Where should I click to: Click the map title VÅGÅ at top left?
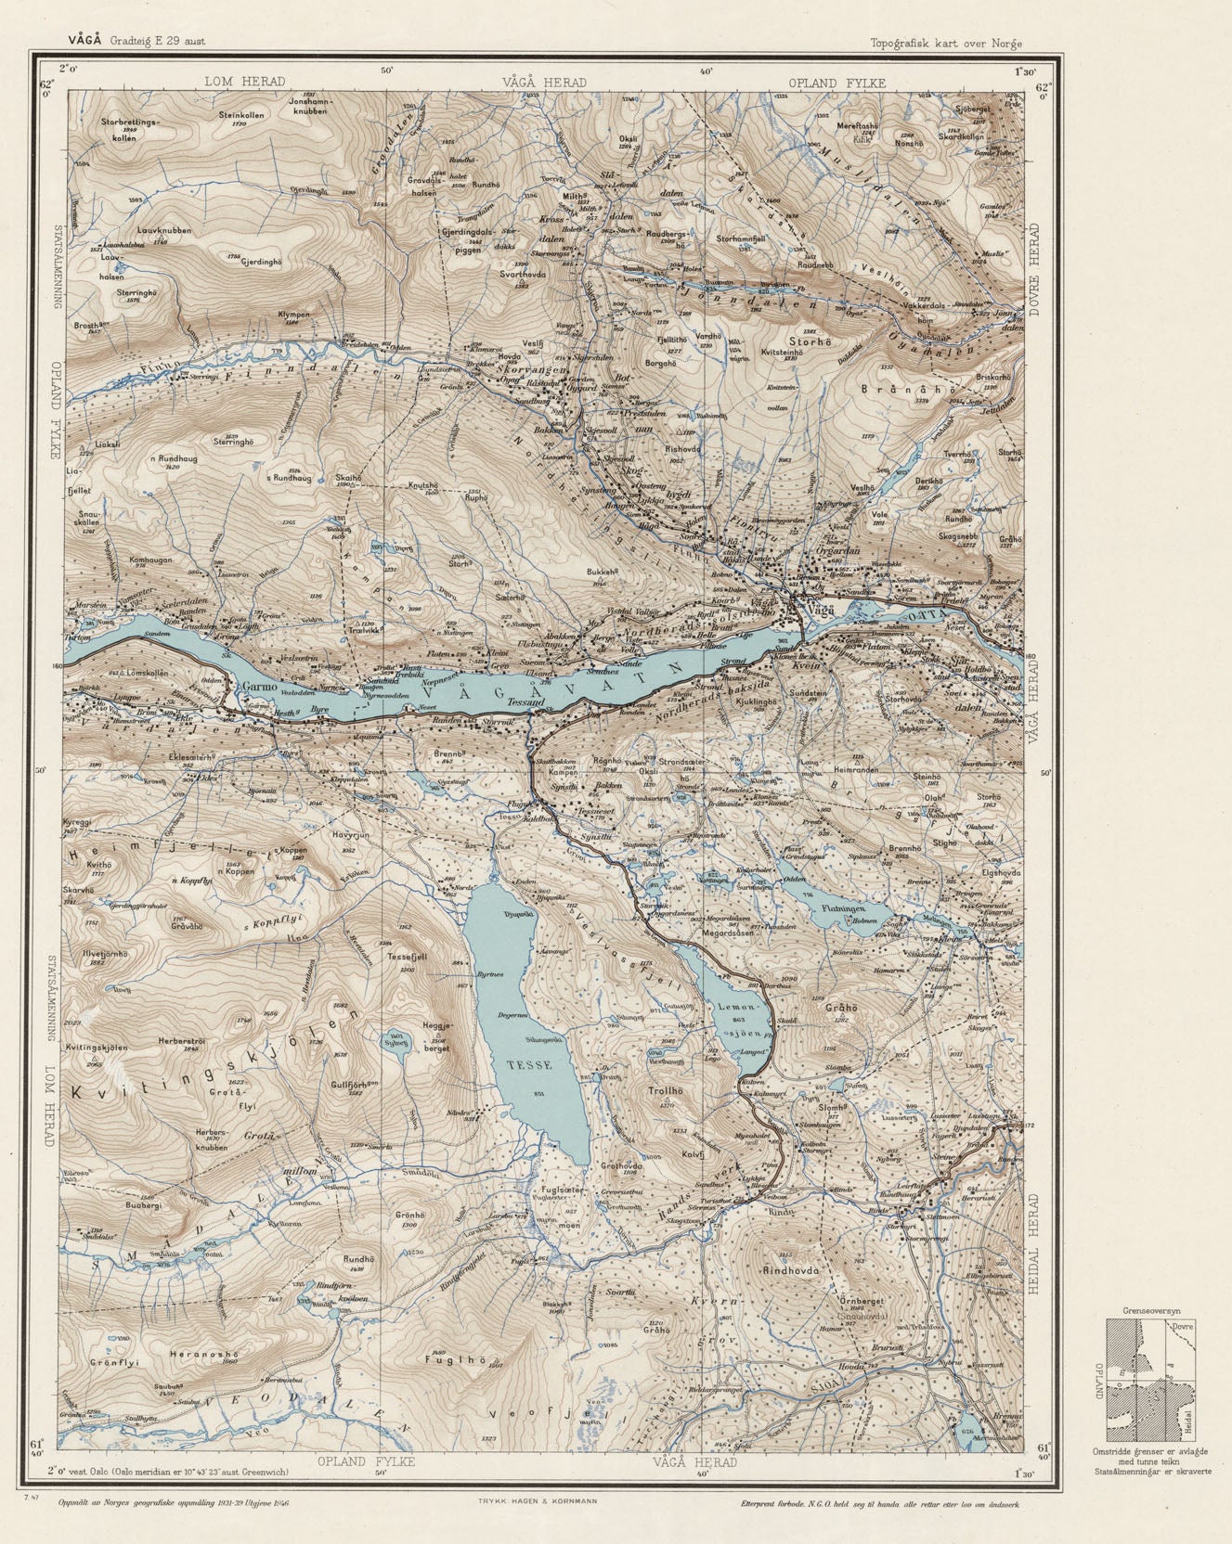(x=84, y=40)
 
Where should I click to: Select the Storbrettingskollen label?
(x=131, y=129)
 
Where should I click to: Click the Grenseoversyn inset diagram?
(x=1151, y=1380)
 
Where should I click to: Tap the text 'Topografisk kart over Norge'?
(x=945, y=43)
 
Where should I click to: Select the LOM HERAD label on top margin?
(x=244, y=83)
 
